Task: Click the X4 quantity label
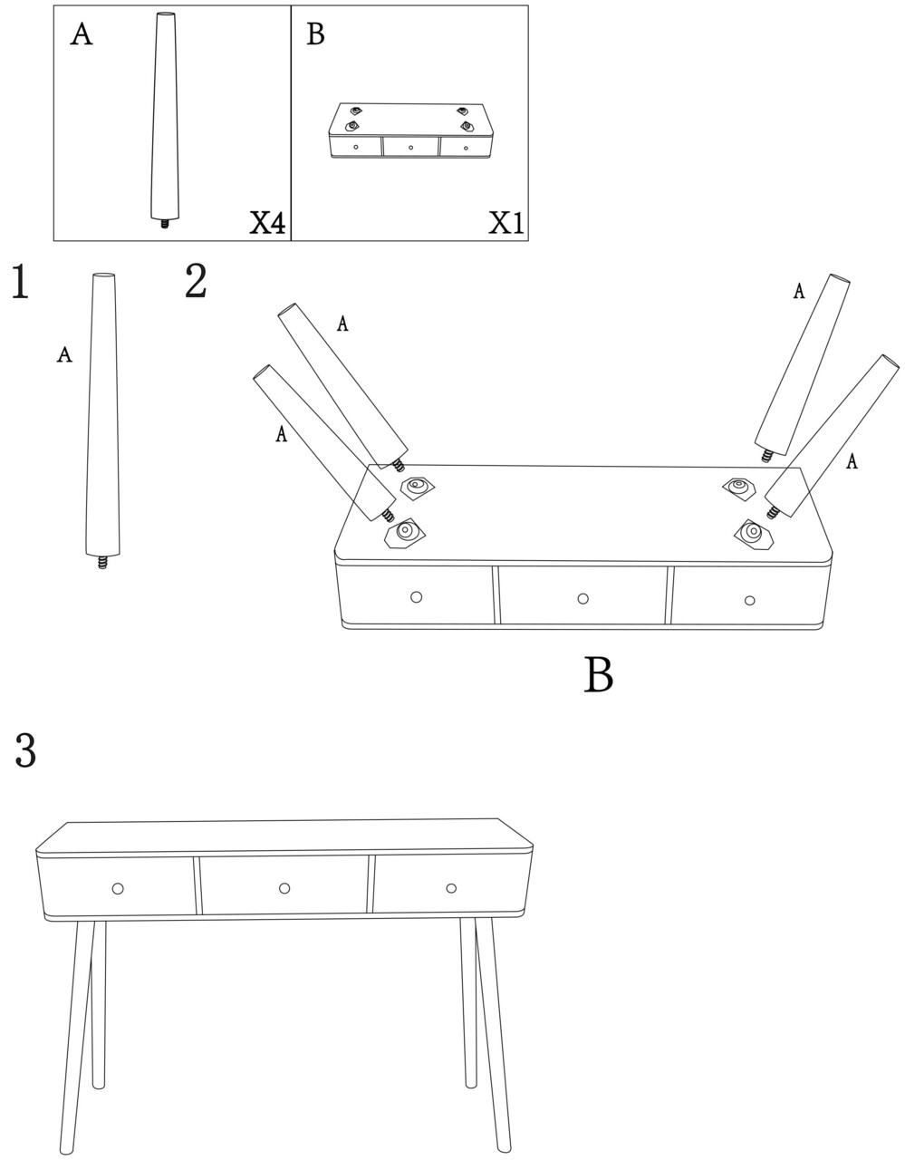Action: [x=268, y=223]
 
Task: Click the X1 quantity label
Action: [x=505, y=223]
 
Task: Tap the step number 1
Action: [x=20, y=281]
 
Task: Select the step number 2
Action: [x=196, y=281]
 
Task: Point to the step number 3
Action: [x=25, y=750]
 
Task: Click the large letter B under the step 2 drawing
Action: [x=598, y=675]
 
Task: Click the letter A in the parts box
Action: [x=82, y=34]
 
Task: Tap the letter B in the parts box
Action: [x=315, y=34]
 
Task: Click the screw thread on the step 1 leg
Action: [x=102, y=563]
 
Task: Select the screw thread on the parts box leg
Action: [x=166, y=224]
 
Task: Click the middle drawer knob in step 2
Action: [x=582, y=598]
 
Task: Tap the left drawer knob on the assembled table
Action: [x=118, y=889]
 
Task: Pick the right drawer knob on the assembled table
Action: [x=451, y=888]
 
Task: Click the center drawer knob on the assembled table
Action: [x=284, y=888]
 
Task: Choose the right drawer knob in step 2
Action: [x=749, y=601]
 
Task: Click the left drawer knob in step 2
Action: [x=416, y=597]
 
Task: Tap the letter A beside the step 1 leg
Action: [x=64, y=354]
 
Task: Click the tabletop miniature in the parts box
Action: [x=409, y=130]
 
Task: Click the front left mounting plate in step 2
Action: [x=405, y=533]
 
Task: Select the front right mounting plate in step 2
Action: [x=753, y=533]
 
